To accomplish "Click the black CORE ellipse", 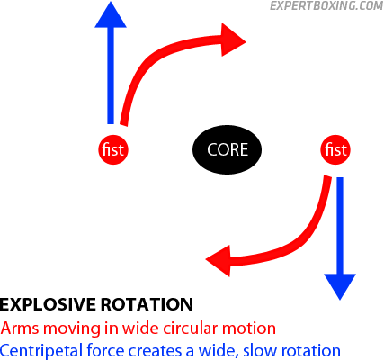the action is pyautogui.click(x=227, y=149).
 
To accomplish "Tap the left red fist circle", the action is pyautogui.click(x=113, y=149).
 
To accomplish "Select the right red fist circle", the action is pyautogui.click(x=335, y=149).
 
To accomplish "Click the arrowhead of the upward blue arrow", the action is pyautogui.click(x=111, y=15).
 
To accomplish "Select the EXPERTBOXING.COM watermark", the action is pyautogui.click(x=326, y=5).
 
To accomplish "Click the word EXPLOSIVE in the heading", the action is pyautogui.click(x=48, y=304).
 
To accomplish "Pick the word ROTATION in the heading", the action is pyautogui.click(x=147, y=304).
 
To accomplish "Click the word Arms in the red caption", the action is pyautogui.click(x=20, y=328).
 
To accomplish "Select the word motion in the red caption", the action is pyautogui.click(x=249, y=328).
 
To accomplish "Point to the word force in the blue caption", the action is pyautogui.click(x=105, y=350).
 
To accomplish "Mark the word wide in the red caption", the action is pyautogui.click(x=141, y=328).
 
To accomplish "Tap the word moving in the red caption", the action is pyautogui.click(x=72, y=328).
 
